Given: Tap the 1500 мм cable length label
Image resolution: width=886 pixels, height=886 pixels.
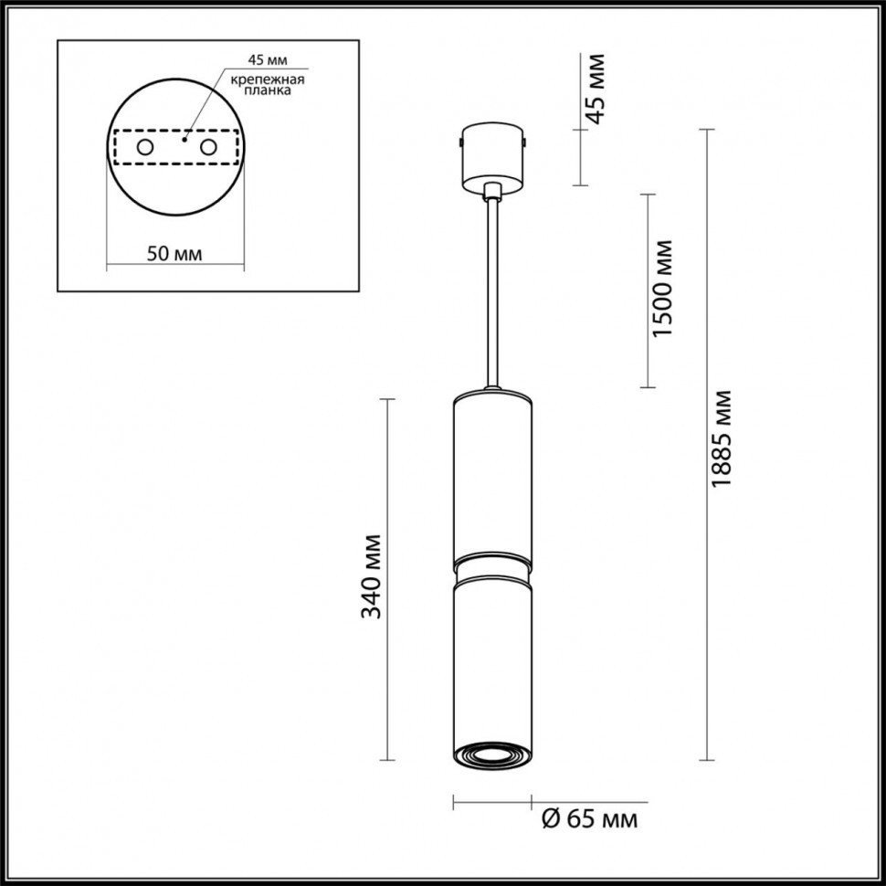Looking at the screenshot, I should pyautogui.click(x=664, y=289).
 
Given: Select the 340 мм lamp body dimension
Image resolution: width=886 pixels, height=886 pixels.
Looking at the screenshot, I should pyautogui.click(x=372, y=576).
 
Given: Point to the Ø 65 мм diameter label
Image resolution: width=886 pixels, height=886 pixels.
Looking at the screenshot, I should pyautogui.click(x=590, y=819).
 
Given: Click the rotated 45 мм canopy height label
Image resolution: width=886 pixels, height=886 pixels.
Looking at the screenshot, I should pyautogui.click(x=595, y=89).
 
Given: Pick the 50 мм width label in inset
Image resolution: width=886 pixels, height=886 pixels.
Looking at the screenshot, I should pyautogui.click(x=175, y=253).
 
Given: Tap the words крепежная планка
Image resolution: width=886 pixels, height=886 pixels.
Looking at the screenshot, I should pyautogui.click(x=267, y=86).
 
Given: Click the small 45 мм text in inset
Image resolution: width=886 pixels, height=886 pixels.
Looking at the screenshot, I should pyautogui.click(x=267, y=60).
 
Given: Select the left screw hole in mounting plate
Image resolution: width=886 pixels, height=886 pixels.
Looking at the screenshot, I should pyautogui.click(x=144, y=147).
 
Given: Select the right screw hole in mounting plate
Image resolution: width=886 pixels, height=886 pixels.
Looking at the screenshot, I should pyautogui.click(x=209, y=147).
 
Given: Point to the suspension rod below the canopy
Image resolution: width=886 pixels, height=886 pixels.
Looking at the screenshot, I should pyautogui.click(x=493, y=292).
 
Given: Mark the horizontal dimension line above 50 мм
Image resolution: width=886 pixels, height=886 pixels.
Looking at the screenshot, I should pyautogui.click(x=175, y=268).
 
